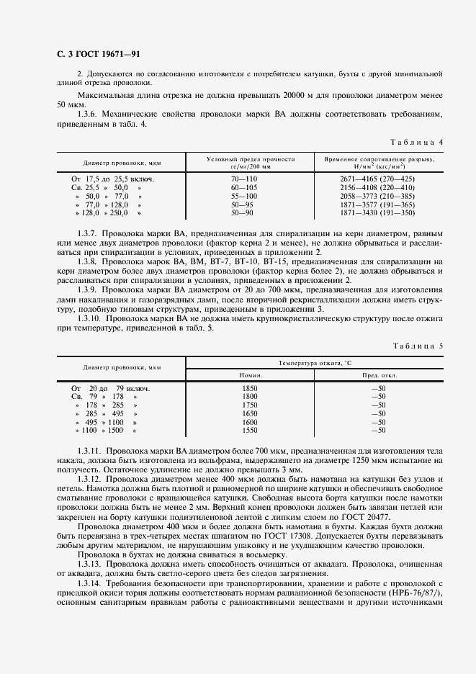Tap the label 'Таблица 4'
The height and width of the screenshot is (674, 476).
tap(418, 142)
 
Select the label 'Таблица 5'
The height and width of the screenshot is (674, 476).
tap(418, 346)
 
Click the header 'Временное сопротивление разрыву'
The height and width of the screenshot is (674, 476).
tap(379, 158)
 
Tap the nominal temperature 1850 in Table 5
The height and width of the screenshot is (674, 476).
tap(249, 388)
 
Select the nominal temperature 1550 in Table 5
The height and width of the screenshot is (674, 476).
tap(249, 430)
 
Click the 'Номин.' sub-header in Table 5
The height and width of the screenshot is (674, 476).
tap(251, 375)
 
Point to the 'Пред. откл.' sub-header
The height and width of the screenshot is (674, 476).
tap(377, 375)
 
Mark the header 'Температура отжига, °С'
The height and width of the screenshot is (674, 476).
tap(314, 363)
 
